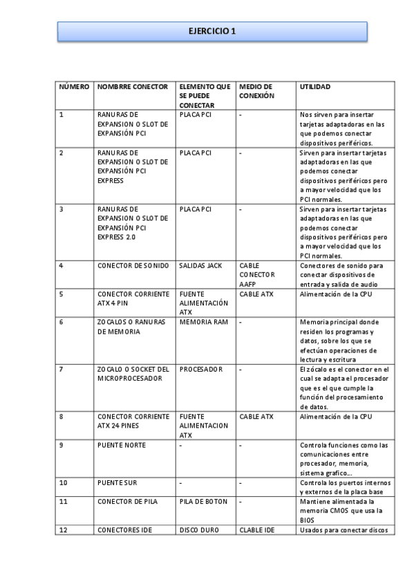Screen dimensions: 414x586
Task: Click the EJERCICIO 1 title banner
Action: (x=211, y=31)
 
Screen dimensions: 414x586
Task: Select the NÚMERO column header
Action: (x=74, y=86)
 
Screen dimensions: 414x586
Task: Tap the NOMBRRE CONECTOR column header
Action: (x=133, y=86)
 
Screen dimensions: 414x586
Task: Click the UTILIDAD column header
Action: (x=314, y=86)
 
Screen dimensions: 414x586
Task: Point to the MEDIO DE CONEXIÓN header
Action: (x=256, y=91)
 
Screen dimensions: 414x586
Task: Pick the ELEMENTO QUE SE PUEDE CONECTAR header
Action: (x=205, y=95)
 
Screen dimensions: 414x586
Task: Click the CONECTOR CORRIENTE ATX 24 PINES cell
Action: (x=133, y=421)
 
